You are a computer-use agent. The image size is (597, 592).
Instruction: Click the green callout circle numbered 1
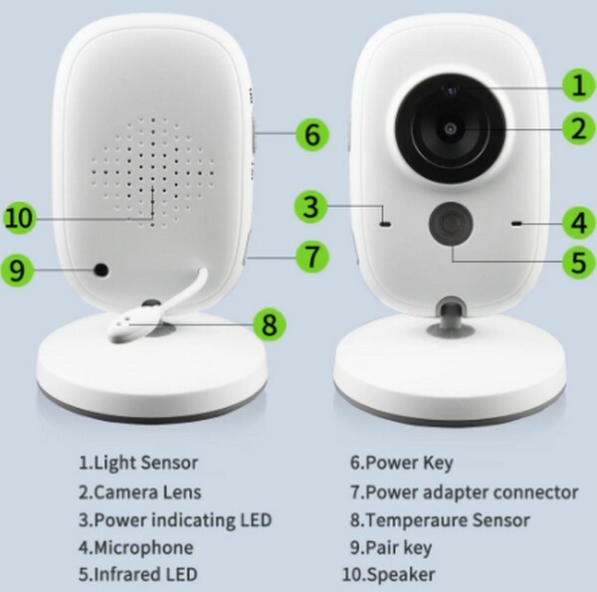[578, 86]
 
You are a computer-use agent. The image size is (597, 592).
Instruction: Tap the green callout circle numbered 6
[312, 134]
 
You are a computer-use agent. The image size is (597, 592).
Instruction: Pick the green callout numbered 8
[270, 324]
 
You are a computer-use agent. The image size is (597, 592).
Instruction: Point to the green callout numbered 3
[310, 207]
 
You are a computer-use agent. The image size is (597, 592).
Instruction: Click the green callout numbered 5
[579, 262]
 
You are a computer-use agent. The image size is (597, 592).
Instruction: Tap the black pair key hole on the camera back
[101, 271]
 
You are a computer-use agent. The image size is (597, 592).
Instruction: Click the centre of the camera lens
[451, 129]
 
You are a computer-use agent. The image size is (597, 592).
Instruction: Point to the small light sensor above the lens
[452, 91]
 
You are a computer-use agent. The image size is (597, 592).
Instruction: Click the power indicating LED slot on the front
[385, 224]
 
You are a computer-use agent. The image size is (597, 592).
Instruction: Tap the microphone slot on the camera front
[517, 224]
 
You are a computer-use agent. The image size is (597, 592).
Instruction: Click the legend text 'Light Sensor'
[146, 463]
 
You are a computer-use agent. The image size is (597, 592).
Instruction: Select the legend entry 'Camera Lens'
[139, 493]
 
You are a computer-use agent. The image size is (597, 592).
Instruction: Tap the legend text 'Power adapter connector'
[472, 493]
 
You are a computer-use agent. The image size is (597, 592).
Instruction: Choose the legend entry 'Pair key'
[391, 548]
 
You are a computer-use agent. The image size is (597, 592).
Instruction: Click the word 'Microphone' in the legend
[143, 548]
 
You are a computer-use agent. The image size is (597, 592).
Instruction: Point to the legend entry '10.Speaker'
[388, 574]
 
